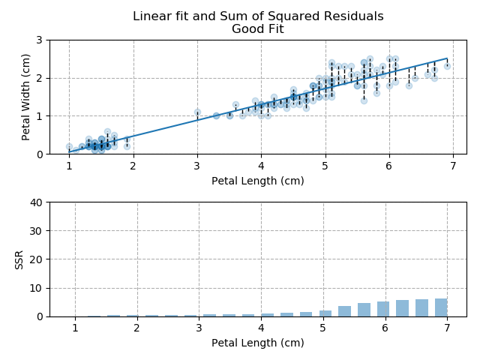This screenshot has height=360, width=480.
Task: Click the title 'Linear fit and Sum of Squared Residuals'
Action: pos(258,16)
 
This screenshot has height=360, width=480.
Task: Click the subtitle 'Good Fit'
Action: pos(258,29)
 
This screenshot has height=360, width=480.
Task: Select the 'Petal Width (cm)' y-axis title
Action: pos(26,97)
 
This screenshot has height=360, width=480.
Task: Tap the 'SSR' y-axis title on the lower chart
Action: pos(19,259)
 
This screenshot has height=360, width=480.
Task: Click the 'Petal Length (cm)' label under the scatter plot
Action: pos(258,181)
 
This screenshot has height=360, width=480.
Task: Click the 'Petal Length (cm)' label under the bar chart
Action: pos(258,343)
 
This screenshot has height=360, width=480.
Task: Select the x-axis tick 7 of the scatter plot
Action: pos(453,166)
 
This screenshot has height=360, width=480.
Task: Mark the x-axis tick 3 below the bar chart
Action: pos(199,328)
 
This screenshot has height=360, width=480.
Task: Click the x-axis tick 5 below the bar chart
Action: pos(322,328)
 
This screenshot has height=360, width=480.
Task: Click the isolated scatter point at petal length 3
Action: pos(197,112)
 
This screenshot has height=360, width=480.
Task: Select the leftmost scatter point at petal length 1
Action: pos(69,147)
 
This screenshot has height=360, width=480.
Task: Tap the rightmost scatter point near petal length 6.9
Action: pos(447,66)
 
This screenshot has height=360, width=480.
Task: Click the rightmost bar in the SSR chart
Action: pos(441,307)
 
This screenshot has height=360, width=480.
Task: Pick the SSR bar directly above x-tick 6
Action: pos(383,309)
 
